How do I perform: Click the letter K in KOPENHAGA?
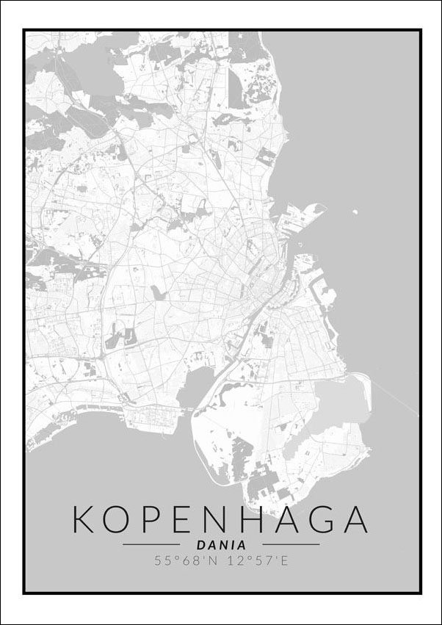(86, 519)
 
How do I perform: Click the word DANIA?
(221, 545)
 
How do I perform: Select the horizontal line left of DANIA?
(151, 545)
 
